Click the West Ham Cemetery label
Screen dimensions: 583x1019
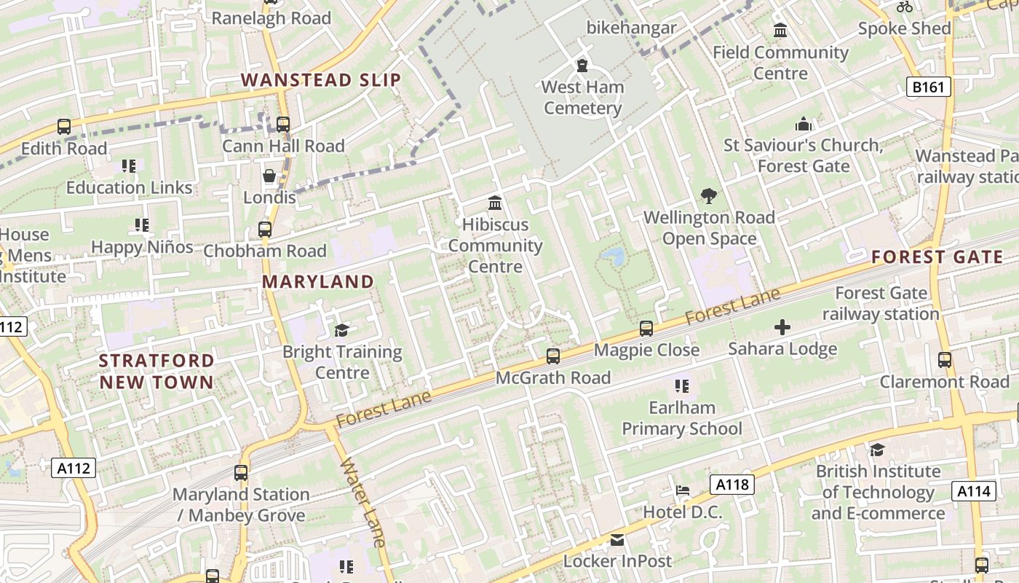tap(582, 98)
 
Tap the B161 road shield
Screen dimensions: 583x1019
tap(929, 87)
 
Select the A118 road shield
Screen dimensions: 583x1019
tap(731, 485)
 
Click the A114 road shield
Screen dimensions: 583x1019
tap(973, 491)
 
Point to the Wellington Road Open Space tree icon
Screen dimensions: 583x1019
tap(708, 195)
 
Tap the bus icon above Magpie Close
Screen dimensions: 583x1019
tap(646, 329)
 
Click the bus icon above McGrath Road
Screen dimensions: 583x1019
tap(553, 356)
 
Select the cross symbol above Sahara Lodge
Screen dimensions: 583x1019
tap(782, 328)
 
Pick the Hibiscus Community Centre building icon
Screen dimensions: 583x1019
tap(495, 203)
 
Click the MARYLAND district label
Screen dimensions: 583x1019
tap(318, 281)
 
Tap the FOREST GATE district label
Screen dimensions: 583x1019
tap(937, 257)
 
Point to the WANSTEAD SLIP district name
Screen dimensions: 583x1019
tap(321, 80)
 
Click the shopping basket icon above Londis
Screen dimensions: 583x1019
tap(269, 176)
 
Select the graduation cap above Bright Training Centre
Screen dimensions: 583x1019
tap(341, 331)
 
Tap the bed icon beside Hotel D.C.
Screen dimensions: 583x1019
tap(682, 490)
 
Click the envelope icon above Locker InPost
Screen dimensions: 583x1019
tap(617, 540)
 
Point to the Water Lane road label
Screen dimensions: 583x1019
tap(362, 502)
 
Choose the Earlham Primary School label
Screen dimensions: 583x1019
tap(682, 418)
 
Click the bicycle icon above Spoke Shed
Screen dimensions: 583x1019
tap(905, 7)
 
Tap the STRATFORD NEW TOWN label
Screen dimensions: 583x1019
tap(156, 371)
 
